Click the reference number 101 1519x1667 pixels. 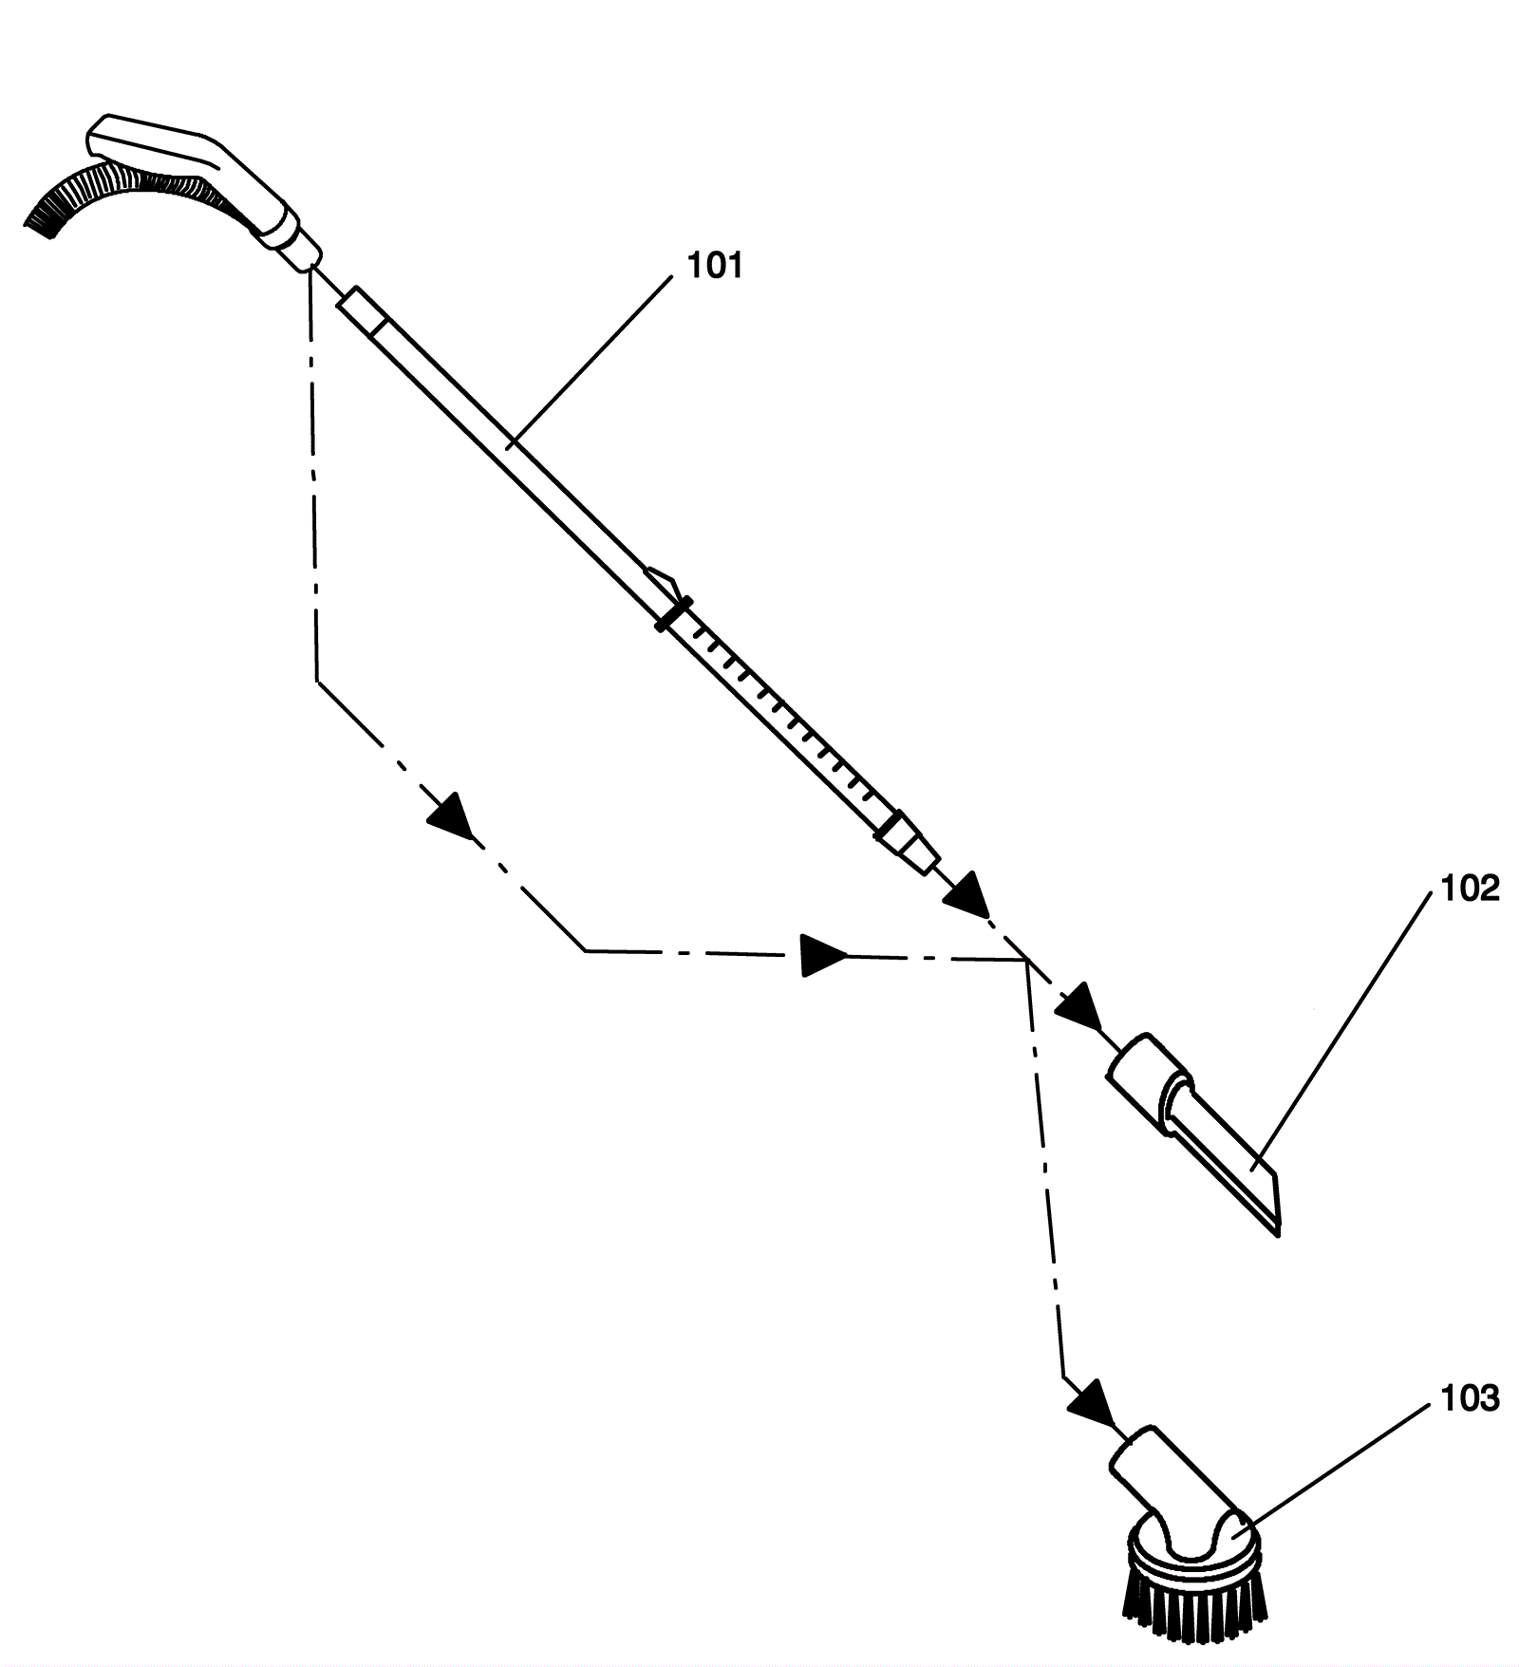[714, 266]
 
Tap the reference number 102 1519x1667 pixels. [1470, 889]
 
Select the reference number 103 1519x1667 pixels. [1470, 1398]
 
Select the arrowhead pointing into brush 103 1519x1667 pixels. [1091, 1404]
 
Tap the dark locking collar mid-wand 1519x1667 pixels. [673, 613]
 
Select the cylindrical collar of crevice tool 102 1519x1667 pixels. [1149, 1080]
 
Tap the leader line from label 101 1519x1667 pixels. [589, 361]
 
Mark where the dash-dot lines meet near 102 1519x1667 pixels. [1025, 961]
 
